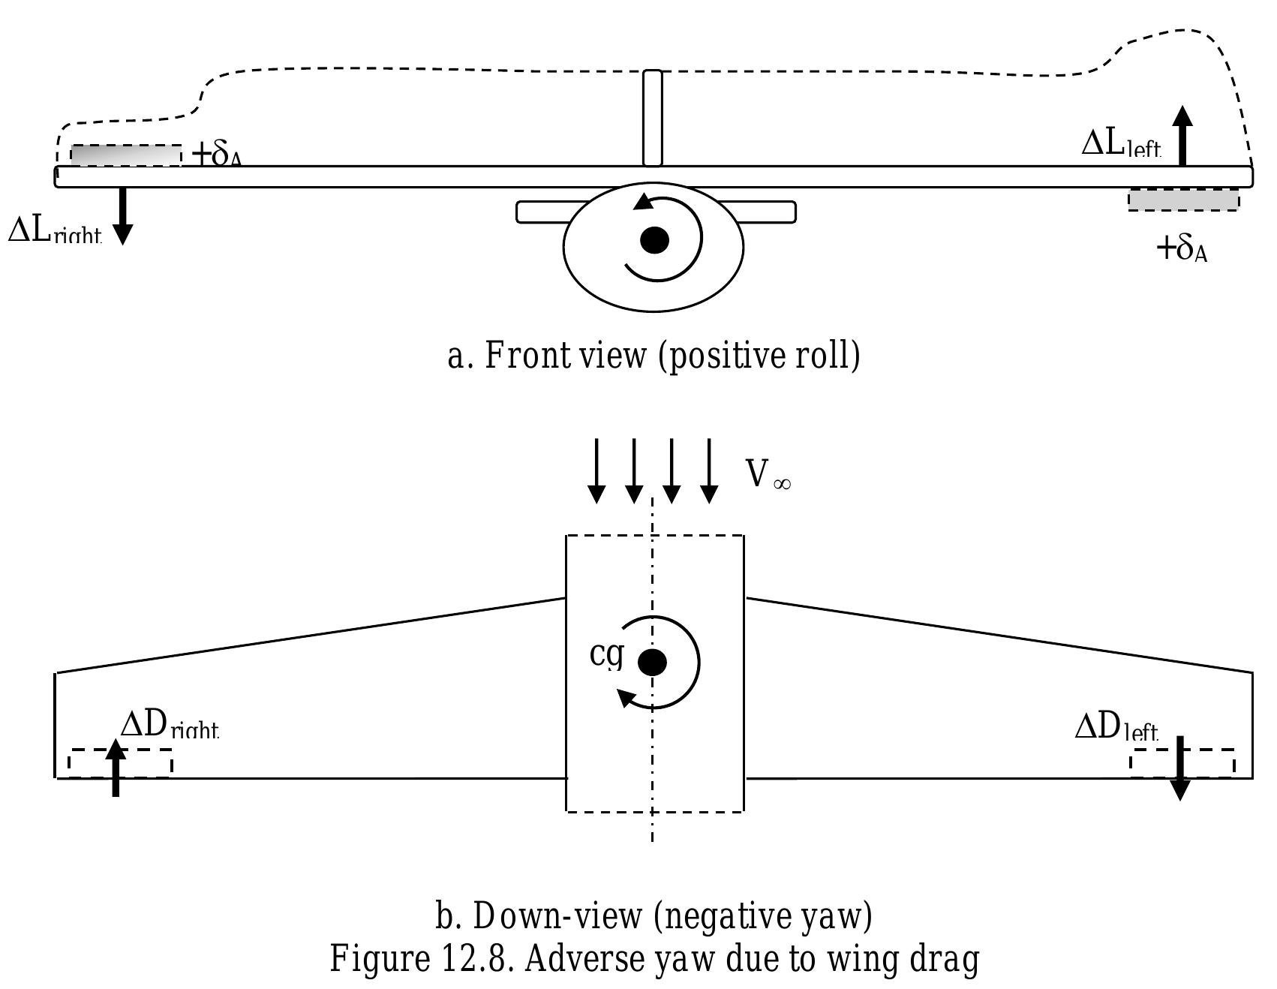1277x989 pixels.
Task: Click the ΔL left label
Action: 1121,143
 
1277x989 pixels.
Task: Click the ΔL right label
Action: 53,230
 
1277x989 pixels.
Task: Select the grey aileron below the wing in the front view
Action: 1183,200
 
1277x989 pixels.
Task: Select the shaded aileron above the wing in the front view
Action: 126,155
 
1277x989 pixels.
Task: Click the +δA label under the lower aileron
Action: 1182,248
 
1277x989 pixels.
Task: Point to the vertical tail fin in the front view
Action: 653,118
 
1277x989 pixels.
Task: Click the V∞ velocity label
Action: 767,474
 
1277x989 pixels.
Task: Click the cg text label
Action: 606,654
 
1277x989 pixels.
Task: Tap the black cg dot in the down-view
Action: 652,663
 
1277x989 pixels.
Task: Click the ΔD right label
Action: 170,726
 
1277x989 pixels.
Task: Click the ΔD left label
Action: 1116,726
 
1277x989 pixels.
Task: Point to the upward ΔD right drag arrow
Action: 116,767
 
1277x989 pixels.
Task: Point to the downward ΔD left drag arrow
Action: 1179,768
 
